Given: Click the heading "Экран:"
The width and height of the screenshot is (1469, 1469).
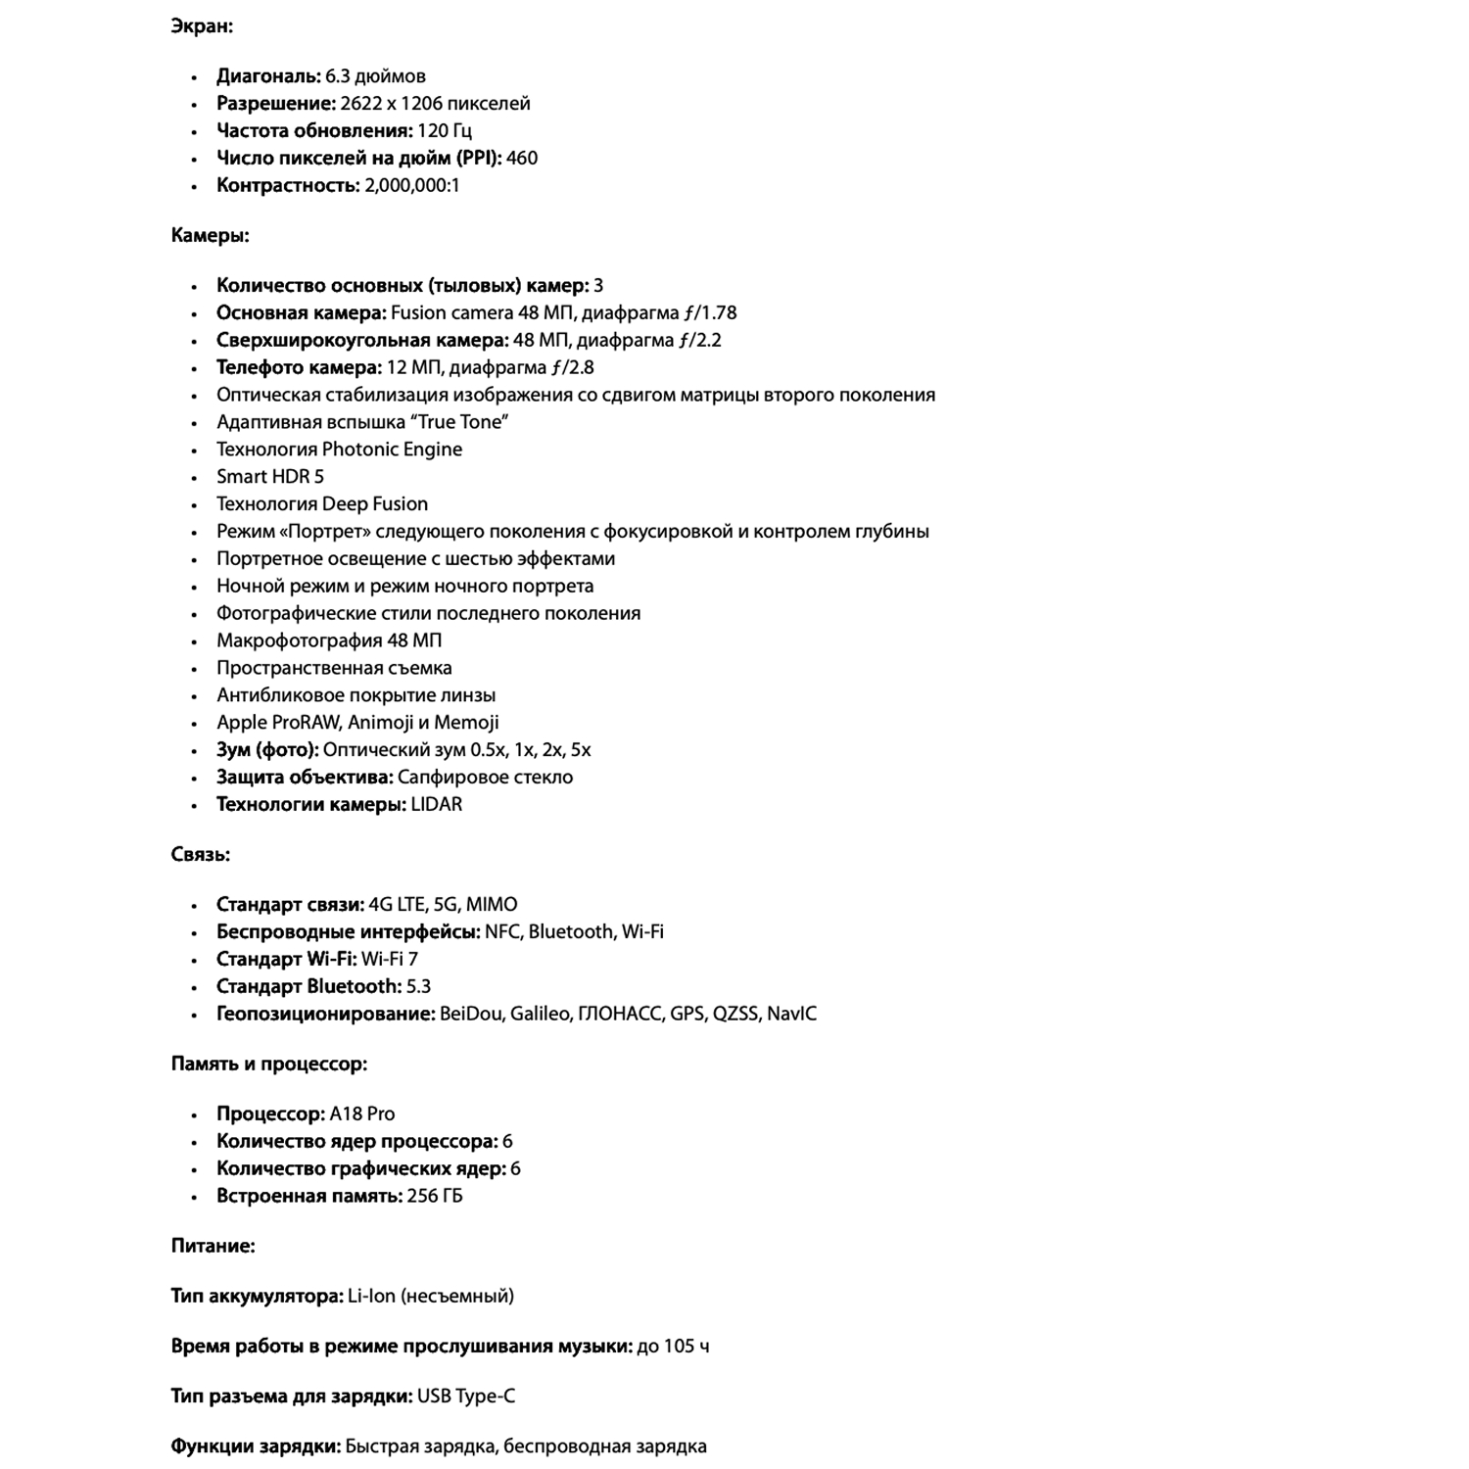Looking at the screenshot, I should [x=202, y=26].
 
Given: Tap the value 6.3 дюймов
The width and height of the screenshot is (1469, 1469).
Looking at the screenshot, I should [x=375, y=76].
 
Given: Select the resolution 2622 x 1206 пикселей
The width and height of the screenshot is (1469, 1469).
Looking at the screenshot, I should [x=435, y=104].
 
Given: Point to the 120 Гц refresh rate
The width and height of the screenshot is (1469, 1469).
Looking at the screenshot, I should [x=445, y=131].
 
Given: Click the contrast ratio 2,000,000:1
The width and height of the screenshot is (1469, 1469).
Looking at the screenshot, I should [x=412, y=186].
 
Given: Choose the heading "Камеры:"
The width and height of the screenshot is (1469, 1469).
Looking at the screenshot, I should [x=210, y=236].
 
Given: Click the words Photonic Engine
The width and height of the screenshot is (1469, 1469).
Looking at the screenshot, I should [x=392, y=450].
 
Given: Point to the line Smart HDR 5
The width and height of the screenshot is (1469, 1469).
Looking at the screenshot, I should [x=270, y=477].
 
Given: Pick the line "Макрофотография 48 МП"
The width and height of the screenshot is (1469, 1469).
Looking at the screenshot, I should [x=329, y=640].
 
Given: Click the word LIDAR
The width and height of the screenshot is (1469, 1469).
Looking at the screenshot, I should [x=437, y=805].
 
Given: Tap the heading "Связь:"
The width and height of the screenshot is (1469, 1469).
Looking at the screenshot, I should [x=201, y=855].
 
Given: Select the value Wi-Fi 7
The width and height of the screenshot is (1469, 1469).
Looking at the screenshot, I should [x=390, y=960].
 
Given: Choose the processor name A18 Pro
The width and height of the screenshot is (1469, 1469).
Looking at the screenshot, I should [x=362, y=1114].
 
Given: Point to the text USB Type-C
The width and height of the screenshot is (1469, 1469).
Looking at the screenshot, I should [x=466, y=1397].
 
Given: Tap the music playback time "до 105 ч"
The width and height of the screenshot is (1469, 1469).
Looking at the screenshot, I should [x=673, y=1347].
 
